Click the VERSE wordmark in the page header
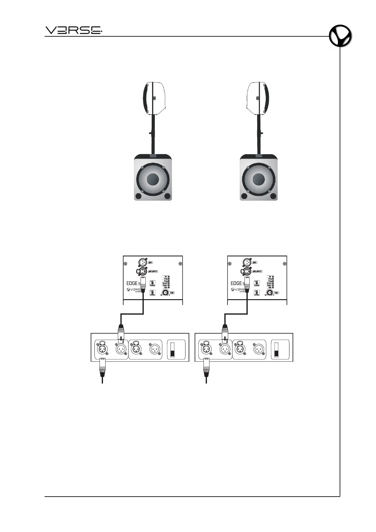74,30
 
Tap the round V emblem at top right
340,37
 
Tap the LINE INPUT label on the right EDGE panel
257,271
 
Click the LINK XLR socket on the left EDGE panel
142,263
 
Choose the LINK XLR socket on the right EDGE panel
247,263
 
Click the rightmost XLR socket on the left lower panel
155,349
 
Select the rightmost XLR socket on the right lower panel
258,349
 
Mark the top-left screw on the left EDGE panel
126,263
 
